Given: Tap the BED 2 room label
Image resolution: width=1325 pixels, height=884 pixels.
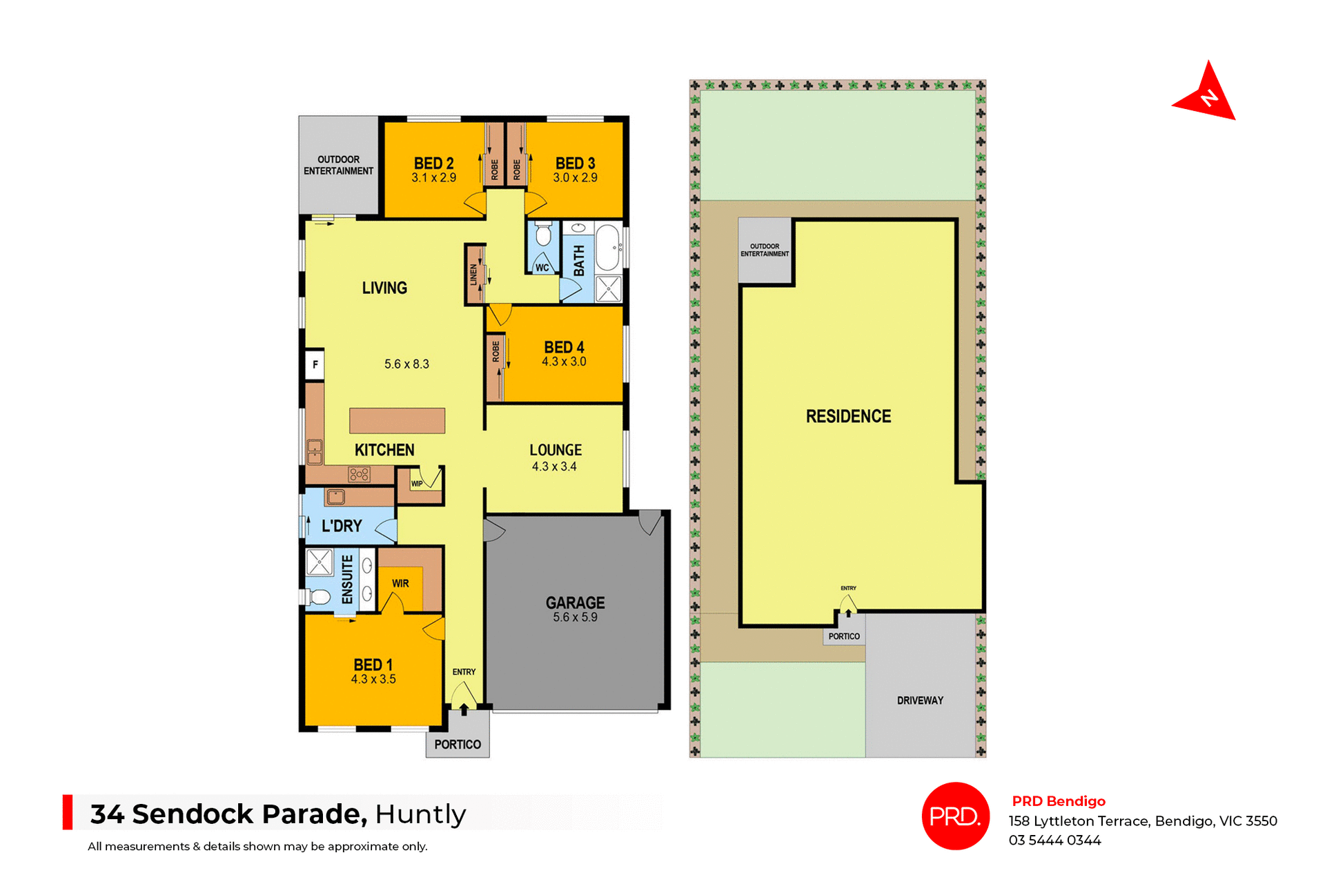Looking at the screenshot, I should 433,164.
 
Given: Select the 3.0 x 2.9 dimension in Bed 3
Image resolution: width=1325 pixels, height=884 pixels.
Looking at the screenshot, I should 575,178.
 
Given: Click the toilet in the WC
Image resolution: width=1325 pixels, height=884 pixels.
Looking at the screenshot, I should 543,235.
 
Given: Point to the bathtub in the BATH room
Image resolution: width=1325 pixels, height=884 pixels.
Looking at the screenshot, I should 608,247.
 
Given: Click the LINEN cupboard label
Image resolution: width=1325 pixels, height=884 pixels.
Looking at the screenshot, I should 473,275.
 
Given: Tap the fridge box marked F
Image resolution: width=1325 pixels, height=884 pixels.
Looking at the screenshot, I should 315,364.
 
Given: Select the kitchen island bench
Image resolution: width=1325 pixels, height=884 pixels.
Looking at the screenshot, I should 397,420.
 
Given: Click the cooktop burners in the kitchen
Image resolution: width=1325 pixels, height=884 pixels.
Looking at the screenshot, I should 359,474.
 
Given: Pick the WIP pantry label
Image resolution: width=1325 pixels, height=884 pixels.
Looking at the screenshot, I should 417,484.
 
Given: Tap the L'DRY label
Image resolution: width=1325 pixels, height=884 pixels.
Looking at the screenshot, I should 342,527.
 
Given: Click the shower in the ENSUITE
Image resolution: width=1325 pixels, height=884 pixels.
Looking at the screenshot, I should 320,562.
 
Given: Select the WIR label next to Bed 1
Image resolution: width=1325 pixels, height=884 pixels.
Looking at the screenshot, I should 400,584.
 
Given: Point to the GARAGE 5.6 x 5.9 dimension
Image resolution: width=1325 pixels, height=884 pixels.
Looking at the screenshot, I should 575,618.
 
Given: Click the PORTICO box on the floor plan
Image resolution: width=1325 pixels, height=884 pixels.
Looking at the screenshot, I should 458,744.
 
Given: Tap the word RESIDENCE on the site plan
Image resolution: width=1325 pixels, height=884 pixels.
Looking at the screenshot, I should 848,416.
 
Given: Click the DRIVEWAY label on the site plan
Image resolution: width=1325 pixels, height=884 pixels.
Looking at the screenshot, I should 920,700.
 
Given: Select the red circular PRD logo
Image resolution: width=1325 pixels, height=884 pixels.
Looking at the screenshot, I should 955,816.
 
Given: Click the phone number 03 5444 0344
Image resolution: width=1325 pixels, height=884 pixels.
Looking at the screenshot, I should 1054,841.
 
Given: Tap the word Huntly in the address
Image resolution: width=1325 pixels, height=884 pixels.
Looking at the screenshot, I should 420,814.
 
